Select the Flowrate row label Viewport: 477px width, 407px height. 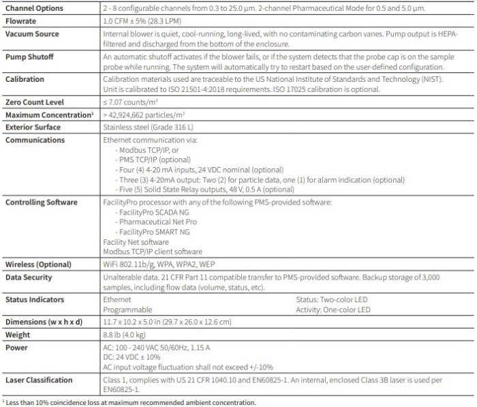point(21,21)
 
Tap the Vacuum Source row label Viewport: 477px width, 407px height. point(32,33)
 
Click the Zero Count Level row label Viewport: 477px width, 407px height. point(35,102)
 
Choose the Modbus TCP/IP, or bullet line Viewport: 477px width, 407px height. point(151,148)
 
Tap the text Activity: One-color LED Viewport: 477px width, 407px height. point(333,310)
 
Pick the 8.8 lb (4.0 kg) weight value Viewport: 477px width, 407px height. point(127,335)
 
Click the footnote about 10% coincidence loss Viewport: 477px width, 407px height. point(130,402)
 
